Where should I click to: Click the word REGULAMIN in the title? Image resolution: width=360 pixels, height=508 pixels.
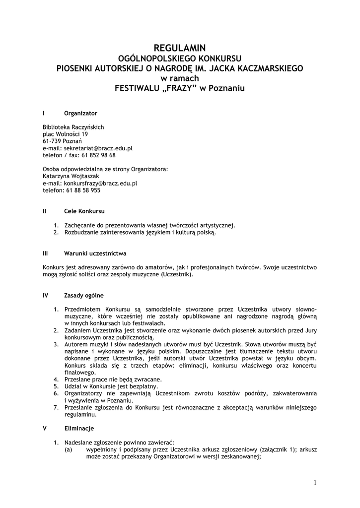(180, 48)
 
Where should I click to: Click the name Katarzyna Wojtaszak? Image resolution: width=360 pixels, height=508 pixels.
(71, 176)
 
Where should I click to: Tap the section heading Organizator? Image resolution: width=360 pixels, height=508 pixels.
(80, 113)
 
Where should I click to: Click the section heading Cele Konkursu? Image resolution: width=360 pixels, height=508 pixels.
(84, 211)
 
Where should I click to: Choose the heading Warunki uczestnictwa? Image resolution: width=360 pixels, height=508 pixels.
(95, 253)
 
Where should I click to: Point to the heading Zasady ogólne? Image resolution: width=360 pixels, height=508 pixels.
(84, 295)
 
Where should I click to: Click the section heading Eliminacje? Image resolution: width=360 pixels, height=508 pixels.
(79, 428)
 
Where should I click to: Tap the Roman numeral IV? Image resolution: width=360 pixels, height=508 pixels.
(46, 295)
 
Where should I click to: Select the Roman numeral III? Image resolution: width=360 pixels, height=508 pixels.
(45, 253)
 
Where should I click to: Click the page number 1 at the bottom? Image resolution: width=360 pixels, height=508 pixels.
(315, 482)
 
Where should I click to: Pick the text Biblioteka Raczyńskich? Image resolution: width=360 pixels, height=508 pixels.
(73, 127)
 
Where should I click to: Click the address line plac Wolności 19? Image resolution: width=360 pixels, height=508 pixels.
(66, 134)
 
